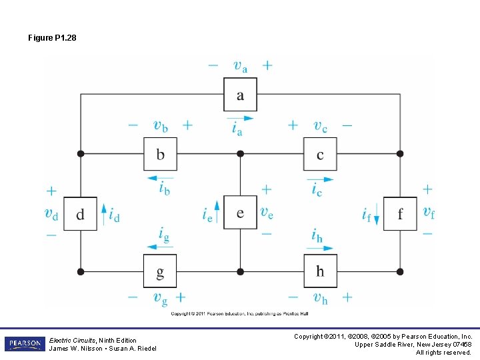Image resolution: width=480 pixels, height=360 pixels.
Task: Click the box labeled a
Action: pos(240,95)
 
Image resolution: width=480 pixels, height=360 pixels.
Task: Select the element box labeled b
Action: pos(160,154)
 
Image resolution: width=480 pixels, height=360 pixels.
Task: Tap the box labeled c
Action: pos(320,154)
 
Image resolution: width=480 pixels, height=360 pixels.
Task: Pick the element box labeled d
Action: pos(80,213)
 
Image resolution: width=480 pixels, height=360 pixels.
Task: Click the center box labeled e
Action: pos(240,213)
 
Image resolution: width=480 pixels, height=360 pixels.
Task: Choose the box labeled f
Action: pos(400,213)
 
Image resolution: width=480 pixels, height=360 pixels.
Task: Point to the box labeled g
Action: pos(160,271)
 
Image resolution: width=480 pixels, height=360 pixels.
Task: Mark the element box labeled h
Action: pos(320,271)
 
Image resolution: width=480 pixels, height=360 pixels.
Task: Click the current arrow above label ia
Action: pos(239,119)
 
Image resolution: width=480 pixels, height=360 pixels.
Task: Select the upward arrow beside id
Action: pos(103,213)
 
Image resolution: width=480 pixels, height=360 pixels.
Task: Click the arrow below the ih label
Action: pos(320,248)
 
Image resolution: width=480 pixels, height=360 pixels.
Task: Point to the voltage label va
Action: pos(240,65)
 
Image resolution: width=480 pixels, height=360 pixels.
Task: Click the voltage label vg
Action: pos(160,298)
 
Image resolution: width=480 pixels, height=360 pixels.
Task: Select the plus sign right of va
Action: pos(267,65)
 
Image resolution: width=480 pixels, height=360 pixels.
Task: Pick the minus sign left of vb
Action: pos(133,125)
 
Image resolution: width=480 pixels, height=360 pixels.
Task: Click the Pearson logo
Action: pos(25,344)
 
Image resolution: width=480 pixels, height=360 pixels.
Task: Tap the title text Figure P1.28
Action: pos(52,38)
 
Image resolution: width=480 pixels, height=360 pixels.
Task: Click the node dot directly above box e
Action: pos(240,154)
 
